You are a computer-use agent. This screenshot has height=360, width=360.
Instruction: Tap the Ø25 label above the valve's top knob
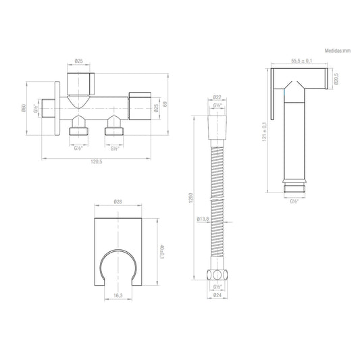[x=79, y=61]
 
